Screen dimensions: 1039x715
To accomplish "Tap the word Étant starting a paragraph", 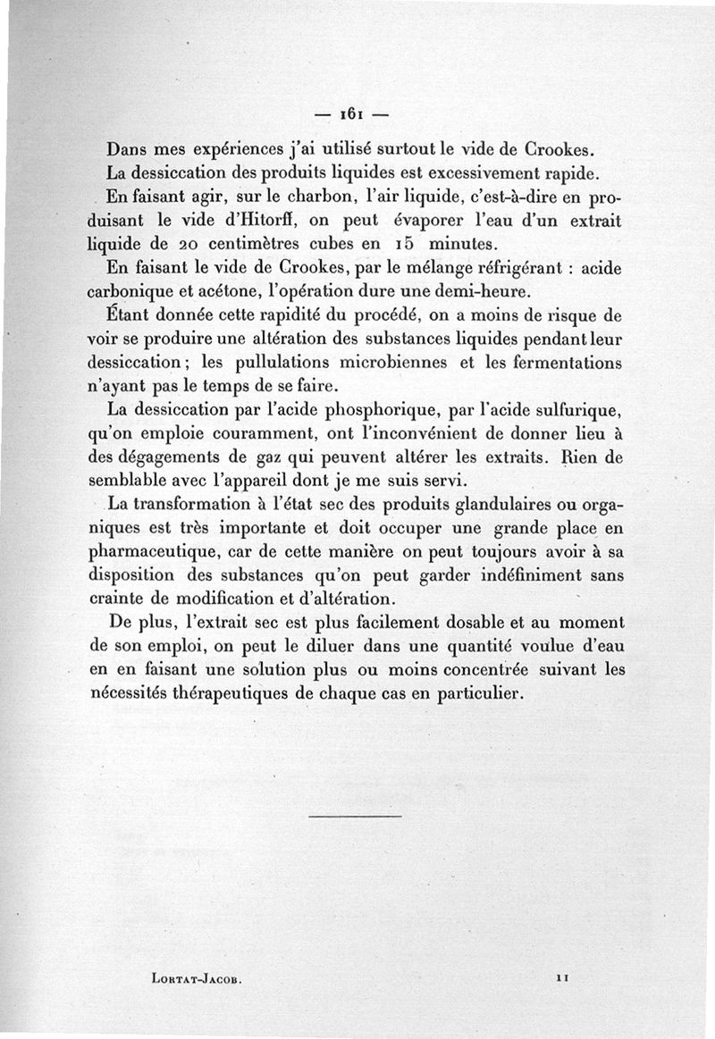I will click(127, 316).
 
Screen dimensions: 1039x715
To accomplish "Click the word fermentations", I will click(573, 364).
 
